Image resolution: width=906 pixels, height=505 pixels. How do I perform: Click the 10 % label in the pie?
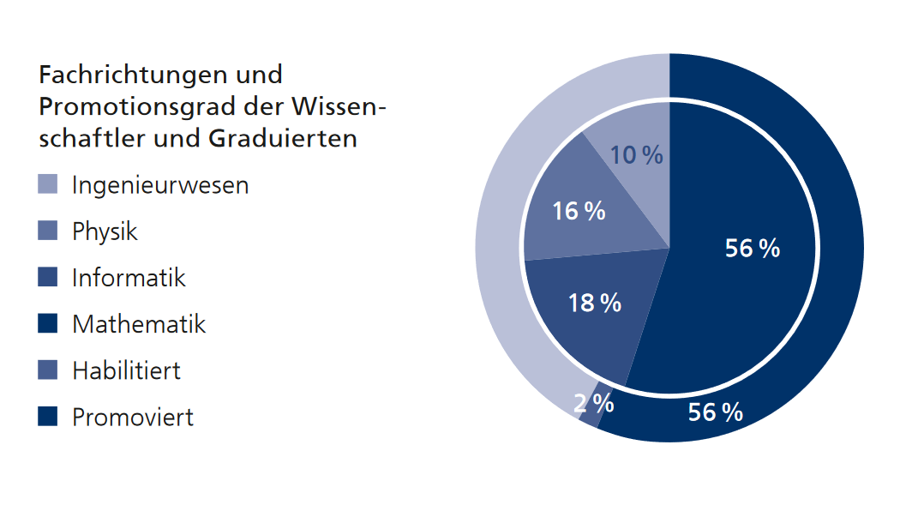tap(637, 155)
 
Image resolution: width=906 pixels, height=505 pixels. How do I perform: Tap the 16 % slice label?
tap(579, 211)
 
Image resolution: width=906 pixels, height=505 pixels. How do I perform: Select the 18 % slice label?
tap(595, 303)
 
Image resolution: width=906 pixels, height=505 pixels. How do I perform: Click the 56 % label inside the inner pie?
tap(752, 249)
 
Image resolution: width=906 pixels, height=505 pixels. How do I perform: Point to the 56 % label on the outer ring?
tap(715, 412)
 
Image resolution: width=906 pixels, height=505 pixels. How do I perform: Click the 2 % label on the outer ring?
tap(594, 403)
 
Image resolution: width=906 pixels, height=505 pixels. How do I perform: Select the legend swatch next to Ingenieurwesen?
tap(48, 184)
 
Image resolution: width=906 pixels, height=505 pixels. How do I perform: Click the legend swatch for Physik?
tap(48, 231)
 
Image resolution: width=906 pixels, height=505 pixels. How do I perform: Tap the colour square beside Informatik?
tap(48, 277)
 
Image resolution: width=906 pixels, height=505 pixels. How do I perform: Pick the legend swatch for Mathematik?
tap(48, 323)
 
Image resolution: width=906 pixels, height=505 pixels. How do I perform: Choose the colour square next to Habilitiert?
tap(48, 370)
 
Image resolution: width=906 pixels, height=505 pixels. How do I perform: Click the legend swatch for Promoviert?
tap(48, 417)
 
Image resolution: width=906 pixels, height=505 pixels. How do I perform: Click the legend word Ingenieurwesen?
tap(160, 185)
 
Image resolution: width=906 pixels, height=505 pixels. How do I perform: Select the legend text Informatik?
tap(129, 278)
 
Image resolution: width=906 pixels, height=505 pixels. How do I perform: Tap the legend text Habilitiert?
tap(126, 370)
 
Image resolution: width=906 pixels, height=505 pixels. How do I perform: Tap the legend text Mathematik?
tap(139, 324)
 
